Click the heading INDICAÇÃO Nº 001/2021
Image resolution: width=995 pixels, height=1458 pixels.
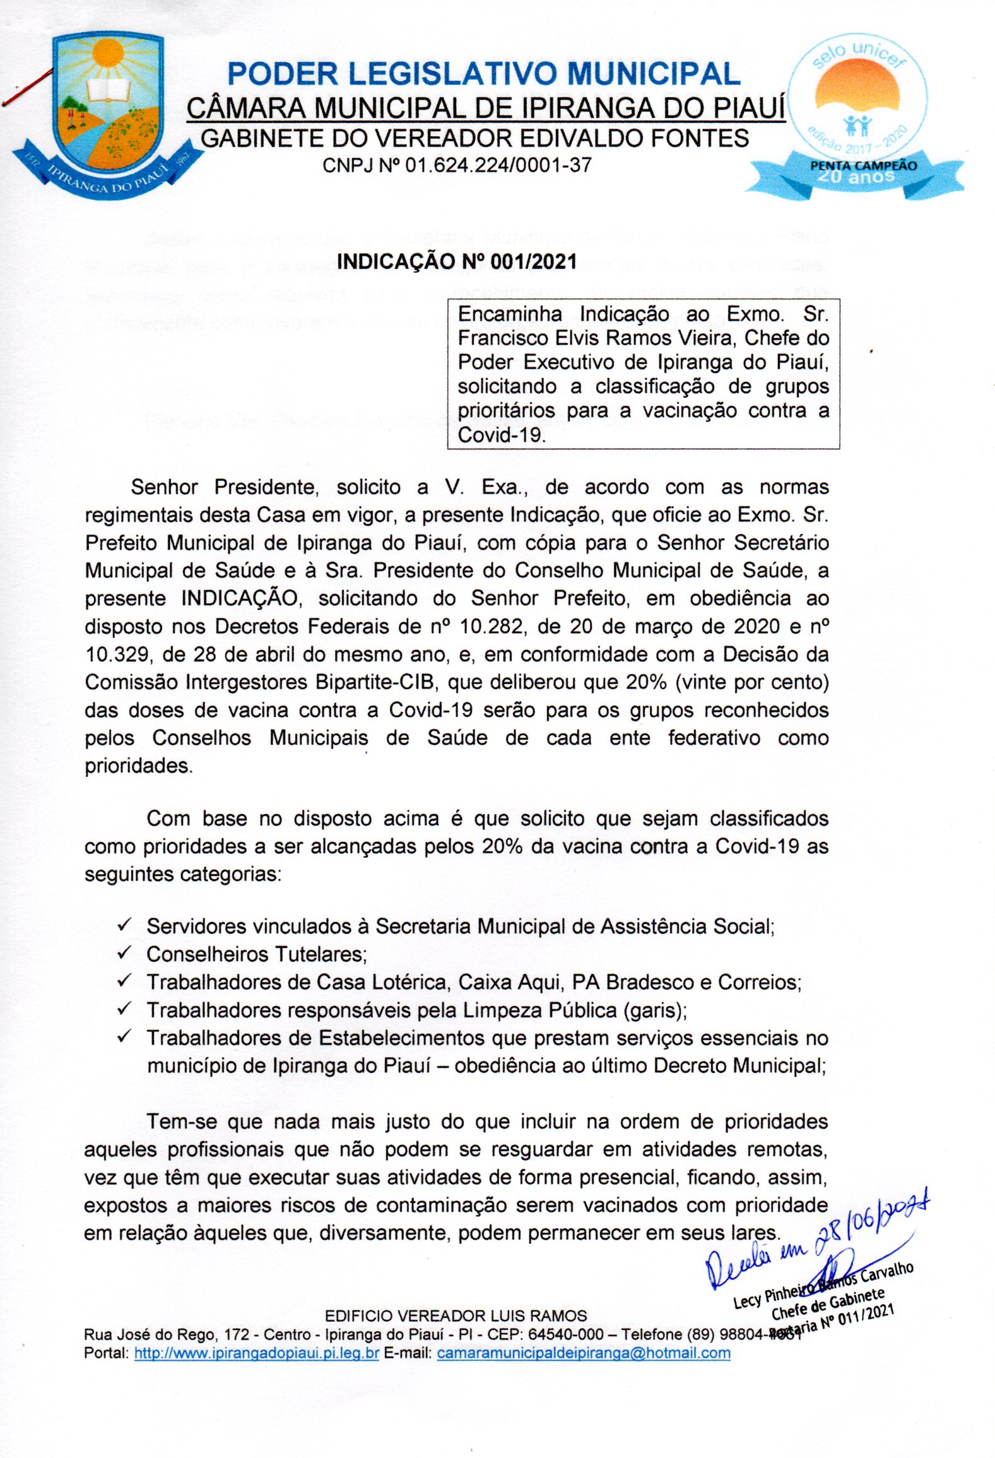(x=457, y=261)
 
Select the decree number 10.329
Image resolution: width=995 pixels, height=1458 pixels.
(x=117, y=654)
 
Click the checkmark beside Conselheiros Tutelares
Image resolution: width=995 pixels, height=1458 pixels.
(x=124, y=952)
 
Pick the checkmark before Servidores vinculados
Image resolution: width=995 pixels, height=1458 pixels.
(x=124, y=925)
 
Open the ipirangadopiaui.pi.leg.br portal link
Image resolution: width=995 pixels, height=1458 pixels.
(x=256, y=1353)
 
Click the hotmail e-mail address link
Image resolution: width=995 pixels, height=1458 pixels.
(x=584, y=1353)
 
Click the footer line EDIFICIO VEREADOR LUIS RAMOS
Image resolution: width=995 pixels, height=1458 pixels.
(x=456, y=1316)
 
